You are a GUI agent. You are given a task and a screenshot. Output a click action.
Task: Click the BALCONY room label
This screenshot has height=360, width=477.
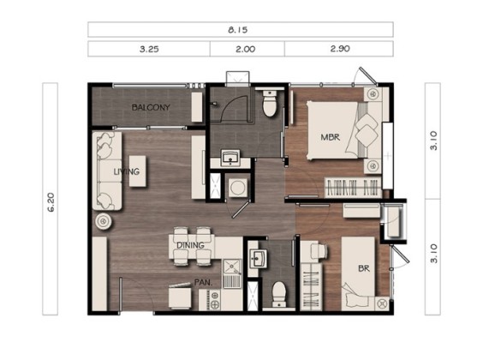[151, 107]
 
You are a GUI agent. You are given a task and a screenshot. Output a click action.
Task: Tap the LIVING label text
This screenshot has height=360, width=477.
[127, 171]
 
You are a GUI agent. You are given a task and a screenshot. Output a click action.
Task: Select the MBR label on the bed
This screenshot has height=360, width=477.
[331, 137]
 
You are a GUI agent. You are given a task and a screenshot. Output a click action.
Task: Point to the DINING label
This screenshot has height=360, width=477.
[190, 245]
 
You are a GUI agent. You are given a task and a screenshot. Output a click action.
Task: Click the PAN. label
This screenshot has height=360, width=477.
[203, 283]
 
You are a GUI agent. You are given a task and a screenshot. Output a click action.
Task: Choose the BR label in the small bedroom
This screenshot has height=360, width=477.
[364, 268]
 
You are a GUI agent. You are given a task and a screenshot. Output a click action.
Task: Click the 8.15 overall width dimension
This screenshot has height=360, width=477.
[238, 30]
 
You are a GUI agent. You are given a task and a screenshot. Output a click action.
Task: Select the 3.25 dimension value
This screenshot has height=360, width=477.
[149, 49]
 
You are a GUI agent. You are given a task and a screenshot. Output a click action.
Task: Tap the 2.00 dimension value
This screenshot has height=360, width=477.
[246, 49]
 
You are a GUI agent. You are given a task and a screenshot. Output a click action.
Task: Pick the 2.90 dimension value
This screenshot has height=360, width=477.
[340, 49]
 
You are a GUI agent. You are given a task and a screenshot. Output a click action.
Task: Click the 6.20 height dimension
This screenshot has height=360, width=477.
[51, 202]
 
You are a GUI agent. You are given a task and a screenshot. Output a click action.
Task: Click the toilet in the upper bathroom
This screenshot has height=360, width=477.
[270, 104]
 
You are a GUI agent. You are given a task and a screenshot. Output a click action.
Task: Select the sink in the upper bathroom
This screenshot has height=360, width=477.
[230, 158]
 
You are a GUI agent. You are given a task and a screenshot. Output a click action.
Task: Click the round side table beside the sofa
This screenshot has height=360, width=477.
[104, 221]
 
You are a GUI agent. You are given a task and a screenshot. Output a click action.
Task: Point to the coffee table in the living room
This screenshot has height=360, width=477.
[138, 171]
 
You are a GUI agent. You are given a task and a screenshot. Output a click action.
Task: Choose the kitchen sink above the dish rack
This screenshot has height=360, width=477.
[232, 267]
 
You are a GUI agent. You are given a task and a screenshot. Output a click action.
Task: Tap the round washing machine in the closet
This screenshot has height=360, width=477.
[237, 188]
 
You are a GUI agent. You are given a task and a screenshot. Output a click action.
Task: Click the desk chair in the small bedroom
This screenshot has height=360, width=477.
[319, 250]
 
